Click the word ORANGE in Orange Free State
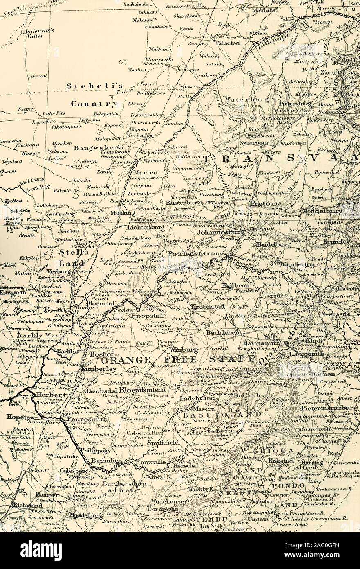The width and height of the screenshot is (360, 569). [x=124, y=360]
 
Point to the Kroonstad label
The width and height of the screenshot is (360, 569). [x=207, y=306]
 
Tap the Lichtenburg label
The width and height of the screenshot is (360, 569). [x=146, y=227]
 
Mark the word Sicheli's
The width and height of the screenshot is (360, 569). [x=95, y=86]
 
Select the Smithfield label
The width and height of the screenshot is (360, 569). [x=163, y=443]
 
